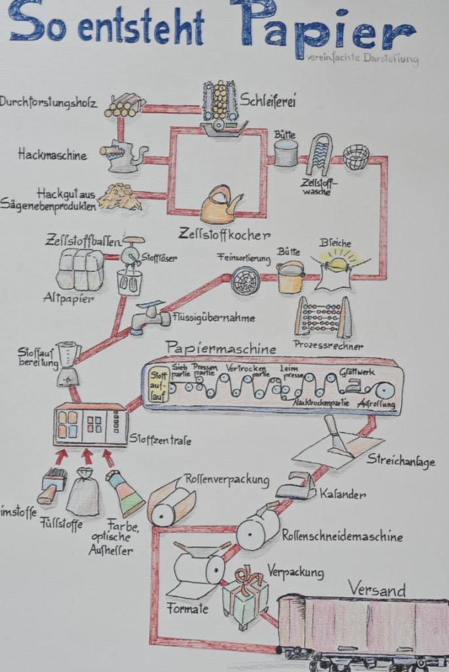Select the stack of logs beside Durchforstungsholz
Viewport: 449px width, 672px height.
click(124, 105)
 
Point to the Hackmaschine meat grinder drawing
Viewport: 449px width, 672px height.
click(123, 156)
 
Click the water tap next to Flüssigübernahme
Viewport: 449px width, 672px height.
click(149, 318)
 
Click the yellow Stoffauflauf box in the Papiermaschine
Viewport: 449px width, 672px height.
click(159, 384)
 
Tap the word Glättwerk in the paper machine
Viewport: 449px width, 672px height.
click(357, 372)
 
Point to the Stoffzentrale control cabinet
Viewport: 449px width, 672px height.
click(91, 425)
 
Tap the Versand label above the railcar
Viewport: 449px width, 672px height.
click(376, 589)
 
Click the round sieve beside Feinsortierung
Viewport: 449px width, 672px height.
click(246, 281)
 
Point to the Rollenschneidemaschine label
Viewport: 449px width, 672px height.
click(342, 536)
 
